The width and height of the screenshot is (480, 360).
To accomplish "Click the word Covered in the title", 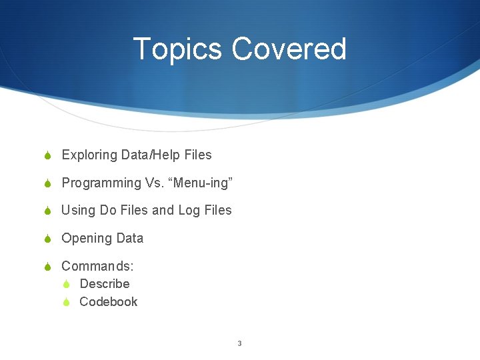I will pyautogui.click(x=289, y=49).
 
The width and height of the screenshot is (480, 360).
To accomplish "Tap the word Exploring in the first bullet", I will pyautogui.click(x=89, y=155).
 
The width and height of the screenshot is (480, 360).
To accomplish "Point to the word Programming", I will pyautogui.click(x=101, y=183).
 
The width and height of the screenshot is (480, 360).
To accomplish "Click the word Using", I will pyautogui.click(x=79, y=211).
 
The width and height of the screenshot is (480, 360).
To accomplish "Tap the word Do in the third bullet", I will pyautogui.click(x=108, y=211).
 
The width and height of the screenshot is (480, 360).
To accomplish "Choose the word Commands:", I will pyautogui.click(x=97, y=266).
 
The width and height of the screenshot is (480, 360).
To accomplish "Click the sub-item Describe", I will pyautogui.click(x=105, y=284).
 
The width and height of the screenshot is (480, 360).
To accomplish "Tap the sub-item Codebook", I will pyautogui.click(x=108, y=302).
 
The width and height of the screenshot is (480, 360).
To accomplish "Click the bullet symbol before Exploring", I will pyautogui.click(x=47, y=156).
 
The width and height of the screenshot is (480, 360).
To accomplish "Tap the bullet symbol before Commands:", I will pyautogui.click(x=47, y=267).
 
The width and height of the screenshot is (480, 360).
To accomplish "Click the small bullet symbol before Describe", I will pyautogui.click(x=67, y=285).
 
